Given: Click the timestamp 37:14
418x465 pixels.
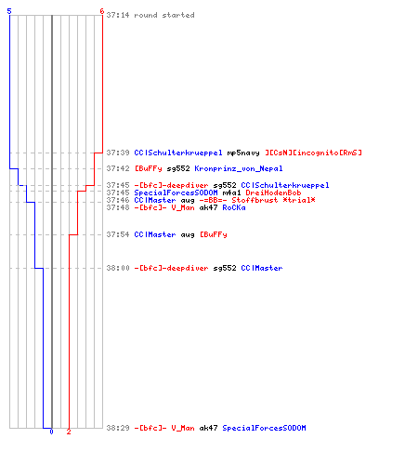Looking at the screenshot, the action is click(118, 15).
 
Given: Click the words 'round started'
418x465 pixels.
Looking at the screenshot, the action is click(164, 15).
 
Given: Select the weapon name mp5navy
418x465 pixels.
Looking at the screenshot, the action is click(243, 153).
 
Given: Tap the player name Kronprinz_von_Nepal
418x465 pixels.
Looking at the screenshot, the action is click(239, 168).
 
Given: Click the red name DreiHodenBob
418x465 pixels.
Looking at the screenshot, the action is click(273, 193).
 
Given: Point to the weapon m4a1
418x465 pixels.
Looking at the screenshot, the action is click(231, 193).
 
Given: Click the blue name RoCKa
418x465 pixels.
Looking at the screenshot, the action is click(234, 207).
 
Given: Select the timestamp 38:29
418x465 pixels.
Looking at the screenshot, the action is click(118, 428).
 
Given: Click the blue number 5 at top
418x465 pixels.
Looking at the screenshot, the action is click(9, 11).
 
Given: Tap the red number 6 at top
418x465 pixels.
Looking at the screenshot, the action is click(102, 11).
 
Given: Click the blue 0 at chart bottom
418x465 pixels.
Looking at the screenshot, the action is click(51, 432).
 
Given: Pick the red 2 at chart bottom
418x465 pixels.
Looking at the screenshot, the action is click(69, 432).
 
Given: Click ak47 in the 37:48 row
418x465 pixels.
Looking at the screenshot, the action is click(208, 207).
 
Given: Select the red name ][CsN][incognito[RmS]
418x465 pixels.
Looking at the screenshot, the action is click(313, 153).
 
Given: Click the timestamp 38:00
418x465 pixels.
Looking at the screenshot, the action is click(118, 268).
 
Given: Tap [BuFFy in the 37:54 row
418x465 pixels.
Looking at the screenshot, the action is click(214, 234).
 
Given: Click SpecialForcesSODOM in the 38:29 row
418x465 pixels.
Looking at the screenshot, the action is click(264, 428).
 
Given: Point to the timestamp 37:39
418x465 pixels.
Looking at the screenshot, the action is click(118, 153).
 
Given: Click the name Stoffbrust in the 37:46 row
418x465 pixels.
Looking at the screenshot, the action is click(255, 200).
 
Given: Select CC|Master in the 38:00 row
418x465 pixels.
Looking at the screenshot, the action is click(262, 268).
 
